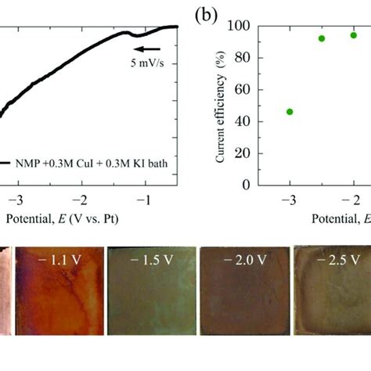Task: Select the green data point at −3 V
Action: (x=290, y=111)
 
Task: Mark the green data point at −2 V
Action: (x=354, y=35)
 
